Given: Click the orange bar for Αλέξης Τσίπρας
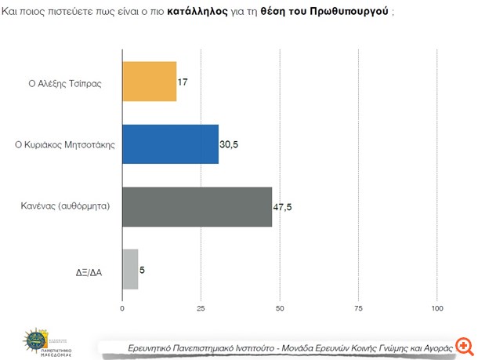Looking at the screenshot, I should [x=149, y=82].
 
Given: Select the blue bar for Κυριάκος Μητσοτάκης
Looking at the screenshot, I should [x=170, y=144].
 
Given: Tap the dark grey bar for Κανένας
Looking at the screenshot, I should [x=197, y=206].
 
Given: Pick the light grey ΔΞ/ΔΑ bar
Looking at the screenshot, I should [x=130, y=269].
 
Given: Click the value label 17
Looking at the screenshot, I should [x=183, y=82].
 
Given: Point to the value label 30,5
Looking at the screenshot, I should [x=230, y=144].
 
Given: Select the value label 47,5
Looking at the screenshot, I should [x=283, y=207].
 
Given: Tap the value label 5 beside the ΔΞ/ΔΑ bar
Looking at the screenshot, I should [x=143, y=270].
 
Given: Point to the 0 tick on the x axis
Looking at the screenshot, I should [x=122, y=308].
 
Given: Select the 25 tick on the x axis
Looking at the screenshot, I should [x=201, y=308].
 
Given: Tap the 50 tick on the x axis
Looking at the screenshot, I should [x=281, y=308].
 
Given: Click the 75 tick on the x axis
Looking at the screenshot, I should [x=359, y=308].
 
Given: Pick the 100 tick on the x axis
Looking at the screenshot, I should [x=438, y=308].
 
